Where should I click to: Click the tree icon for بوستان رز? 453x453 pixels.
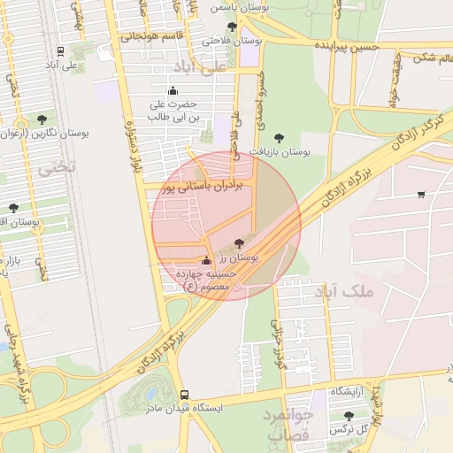tap(239, 242)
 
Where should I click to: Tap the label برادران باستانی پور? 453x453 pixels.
tap(201, 186)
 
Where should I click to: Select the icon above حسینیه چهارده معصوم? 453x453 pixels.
tap(206, 261)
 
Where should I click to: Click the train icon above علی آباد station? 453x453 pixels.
tap(60, 51)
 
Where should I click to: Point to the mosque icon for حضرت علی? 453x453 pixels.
tap(173, 89)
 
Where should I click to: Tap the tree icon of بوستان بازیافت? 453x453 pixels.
tap(280, 138)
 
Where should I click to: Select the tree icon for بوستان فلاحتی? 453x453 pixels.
tap(232, 27)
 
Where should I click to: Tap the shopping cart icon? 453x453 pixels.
tap(421, 194)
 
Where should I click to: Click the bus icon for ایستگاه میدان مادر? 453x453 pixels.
tap(184, 395)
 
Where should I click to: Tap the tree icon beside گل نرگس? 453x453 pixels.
tap(348, 414)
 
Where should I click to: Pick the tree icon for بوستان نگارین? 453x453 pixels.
tap(42, 119)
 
